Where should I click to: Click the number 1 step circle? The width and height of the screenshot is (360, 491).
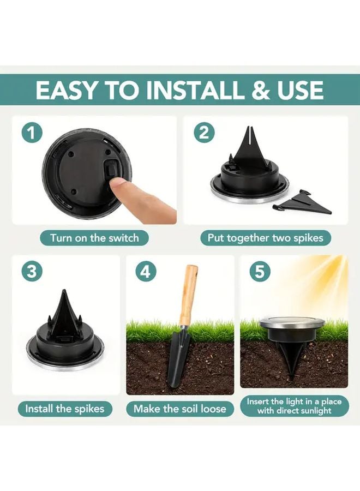click(x=32, y=133)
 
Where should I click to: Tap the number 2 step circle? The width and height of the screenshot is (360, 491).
click(x=203, y=133)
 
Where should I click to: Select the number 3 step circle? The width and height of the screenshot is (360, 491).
click(x=32, y=272)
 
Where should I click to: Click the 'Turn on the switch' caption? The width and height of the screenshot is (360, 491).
click(x=94, y=238)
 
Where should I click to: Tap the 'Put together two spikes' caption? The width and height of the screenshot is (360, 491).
click(x=265, y=238)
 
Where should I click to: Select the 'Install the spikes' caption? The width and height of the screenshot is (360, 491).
click(x=65, y=408)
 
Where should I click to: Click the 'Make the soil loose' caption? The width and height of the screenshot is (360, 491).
click(x=180, y=408)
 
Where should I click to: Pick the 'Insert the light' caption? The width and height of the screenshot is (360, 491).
click(x=294, y=406)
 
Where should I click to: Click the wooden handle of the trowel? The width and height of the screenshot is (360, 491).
click(x=188, y=295)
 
